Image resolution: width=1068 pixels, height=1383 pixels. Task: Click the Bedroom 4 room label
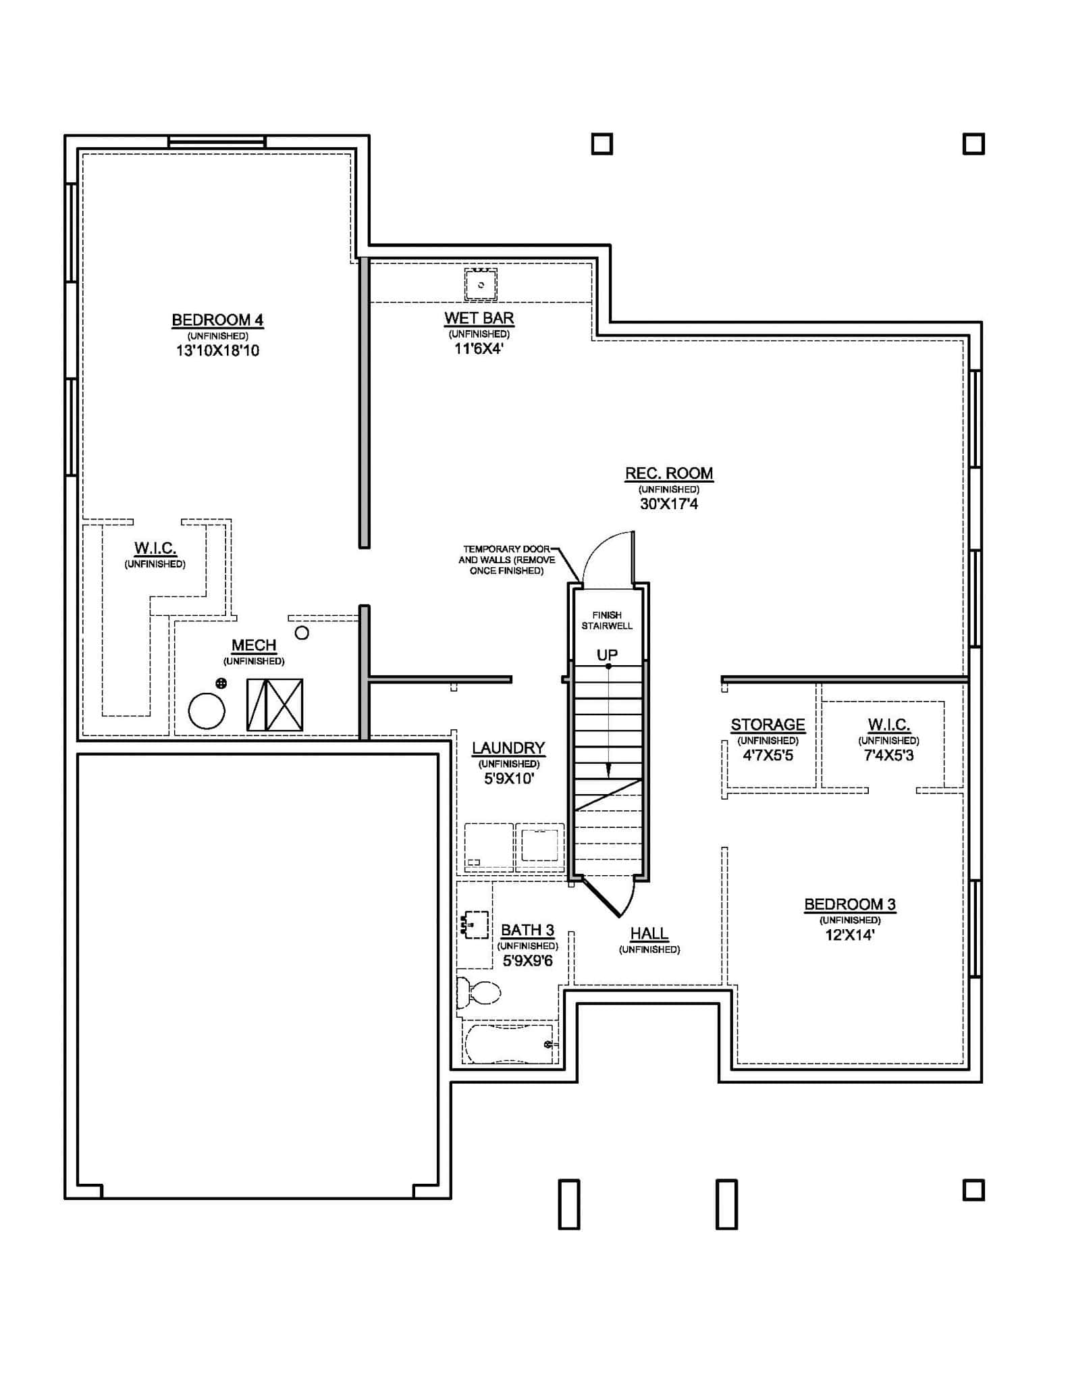coord(217,320)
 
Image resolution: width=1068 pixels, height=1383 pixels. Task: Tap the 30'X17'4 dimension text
coord(668,504)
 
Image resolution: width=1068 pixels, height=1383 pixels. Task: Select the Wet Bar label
coord(479,318)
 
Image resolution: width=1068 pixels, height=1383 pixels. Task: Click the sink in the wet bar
coord(481,284)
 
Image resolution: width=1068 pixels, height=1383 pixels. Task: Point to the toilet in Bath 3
coord(480,993)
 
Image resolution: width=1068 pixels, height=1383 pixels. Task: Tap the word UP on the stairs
coord(607,655)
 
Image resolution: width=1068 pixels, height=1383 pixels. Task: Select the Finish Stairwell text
coord(607,620)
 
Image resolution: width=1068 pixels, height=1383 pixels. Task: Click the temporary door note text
coord(507,560)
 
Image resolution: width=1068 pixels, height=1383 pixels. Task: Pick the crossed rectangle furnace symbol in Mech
coord(275,704)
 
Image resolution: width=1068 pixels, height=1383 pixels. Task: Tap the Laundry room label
coord(508,748)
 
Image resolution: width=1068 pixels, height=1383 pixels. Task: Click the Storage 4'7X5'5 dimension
coord(768,756)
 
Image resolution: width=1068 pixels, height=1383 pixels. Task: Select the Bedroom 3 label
coord(849,904)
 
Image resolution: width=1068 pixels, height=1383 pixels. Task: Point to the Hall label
coord(649,934)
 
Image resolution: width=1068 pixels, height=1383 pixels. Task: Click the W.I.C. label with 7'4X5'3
coord(888,725)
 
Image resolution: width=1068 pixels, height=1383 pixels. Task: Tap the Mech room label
coord(254,646)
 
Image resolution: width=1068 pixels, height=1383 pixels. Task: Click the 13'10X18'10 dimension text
coord(217,350)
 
